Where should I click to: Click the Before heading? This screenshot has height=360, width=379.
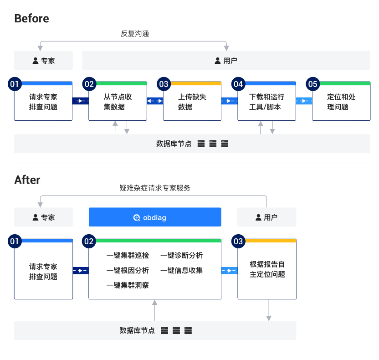click(x=31, y=18)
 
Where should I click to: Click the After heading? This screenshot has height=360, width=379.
click(x=27, y=180)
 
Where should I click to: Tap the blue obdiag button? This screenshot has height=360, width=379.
click(x=155, y=217)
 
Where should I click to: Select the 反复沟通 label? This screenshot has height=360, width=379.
click(x=135, y=34)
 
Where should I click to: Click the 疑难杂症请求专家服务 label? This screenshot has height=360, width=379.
click(x=155, y=188)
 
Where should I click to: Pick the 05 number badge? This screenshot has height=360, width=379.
click(x=312, y=84)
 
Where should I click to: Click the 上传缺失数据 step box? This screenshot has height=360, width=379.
click(x=192, y=102)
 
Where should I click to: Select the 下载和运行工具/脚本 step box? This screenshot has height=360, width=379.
click(x=266, y=102)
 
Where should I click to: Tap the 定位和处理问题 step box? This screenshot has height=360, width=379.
click(x=341, y=102)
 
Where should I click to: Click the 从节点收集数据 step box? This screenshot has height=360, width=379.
click(x=118, y=102)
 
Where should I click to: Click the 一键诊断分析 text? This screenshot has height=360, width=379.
click(x=181, y=256)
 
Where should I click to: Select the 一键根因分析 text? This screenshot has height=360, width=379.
click(x=128, y=270)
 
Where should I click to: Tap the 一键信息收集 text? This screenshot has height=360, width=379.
click(x=181, y=270)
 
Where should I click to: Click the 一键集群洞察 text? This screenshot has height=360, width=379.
click(x=128, y=285)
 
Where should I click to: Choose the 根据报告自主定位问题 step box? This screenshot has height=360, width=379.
click(x=267, y=270)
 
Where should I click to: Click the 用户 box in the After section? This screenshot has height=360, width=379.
click(x=266, y=217)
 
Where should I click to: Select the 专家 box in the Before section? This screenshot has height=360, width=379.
click(x=43, y=60)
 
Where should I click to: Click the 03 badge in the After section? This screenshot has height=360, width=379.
click(x=238, y=242)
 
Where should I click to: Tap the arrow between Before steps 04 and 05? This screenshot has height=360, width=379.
click(x=304, y=101)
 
